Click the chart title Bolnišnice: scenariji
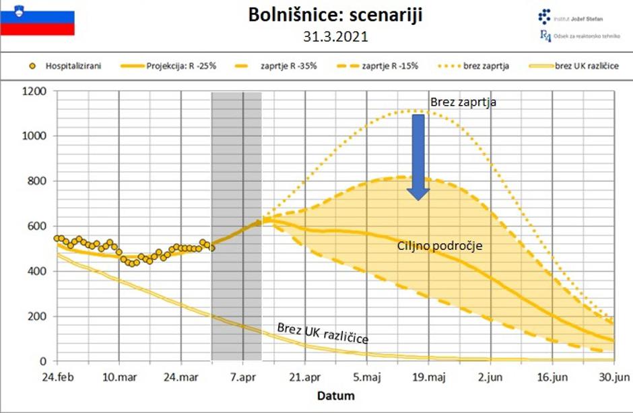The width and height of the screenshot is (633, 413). tap(335, 15)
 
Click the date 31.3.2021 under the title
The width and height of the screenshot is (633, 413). tap(335, 36)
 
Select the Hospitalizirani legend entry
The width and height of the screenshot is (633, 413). tap(67, 66)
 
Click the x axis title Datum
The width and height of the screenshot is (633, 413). tap(335, 395)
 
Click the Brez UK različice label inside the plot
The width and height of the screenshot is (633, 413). tap(323, 332)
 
